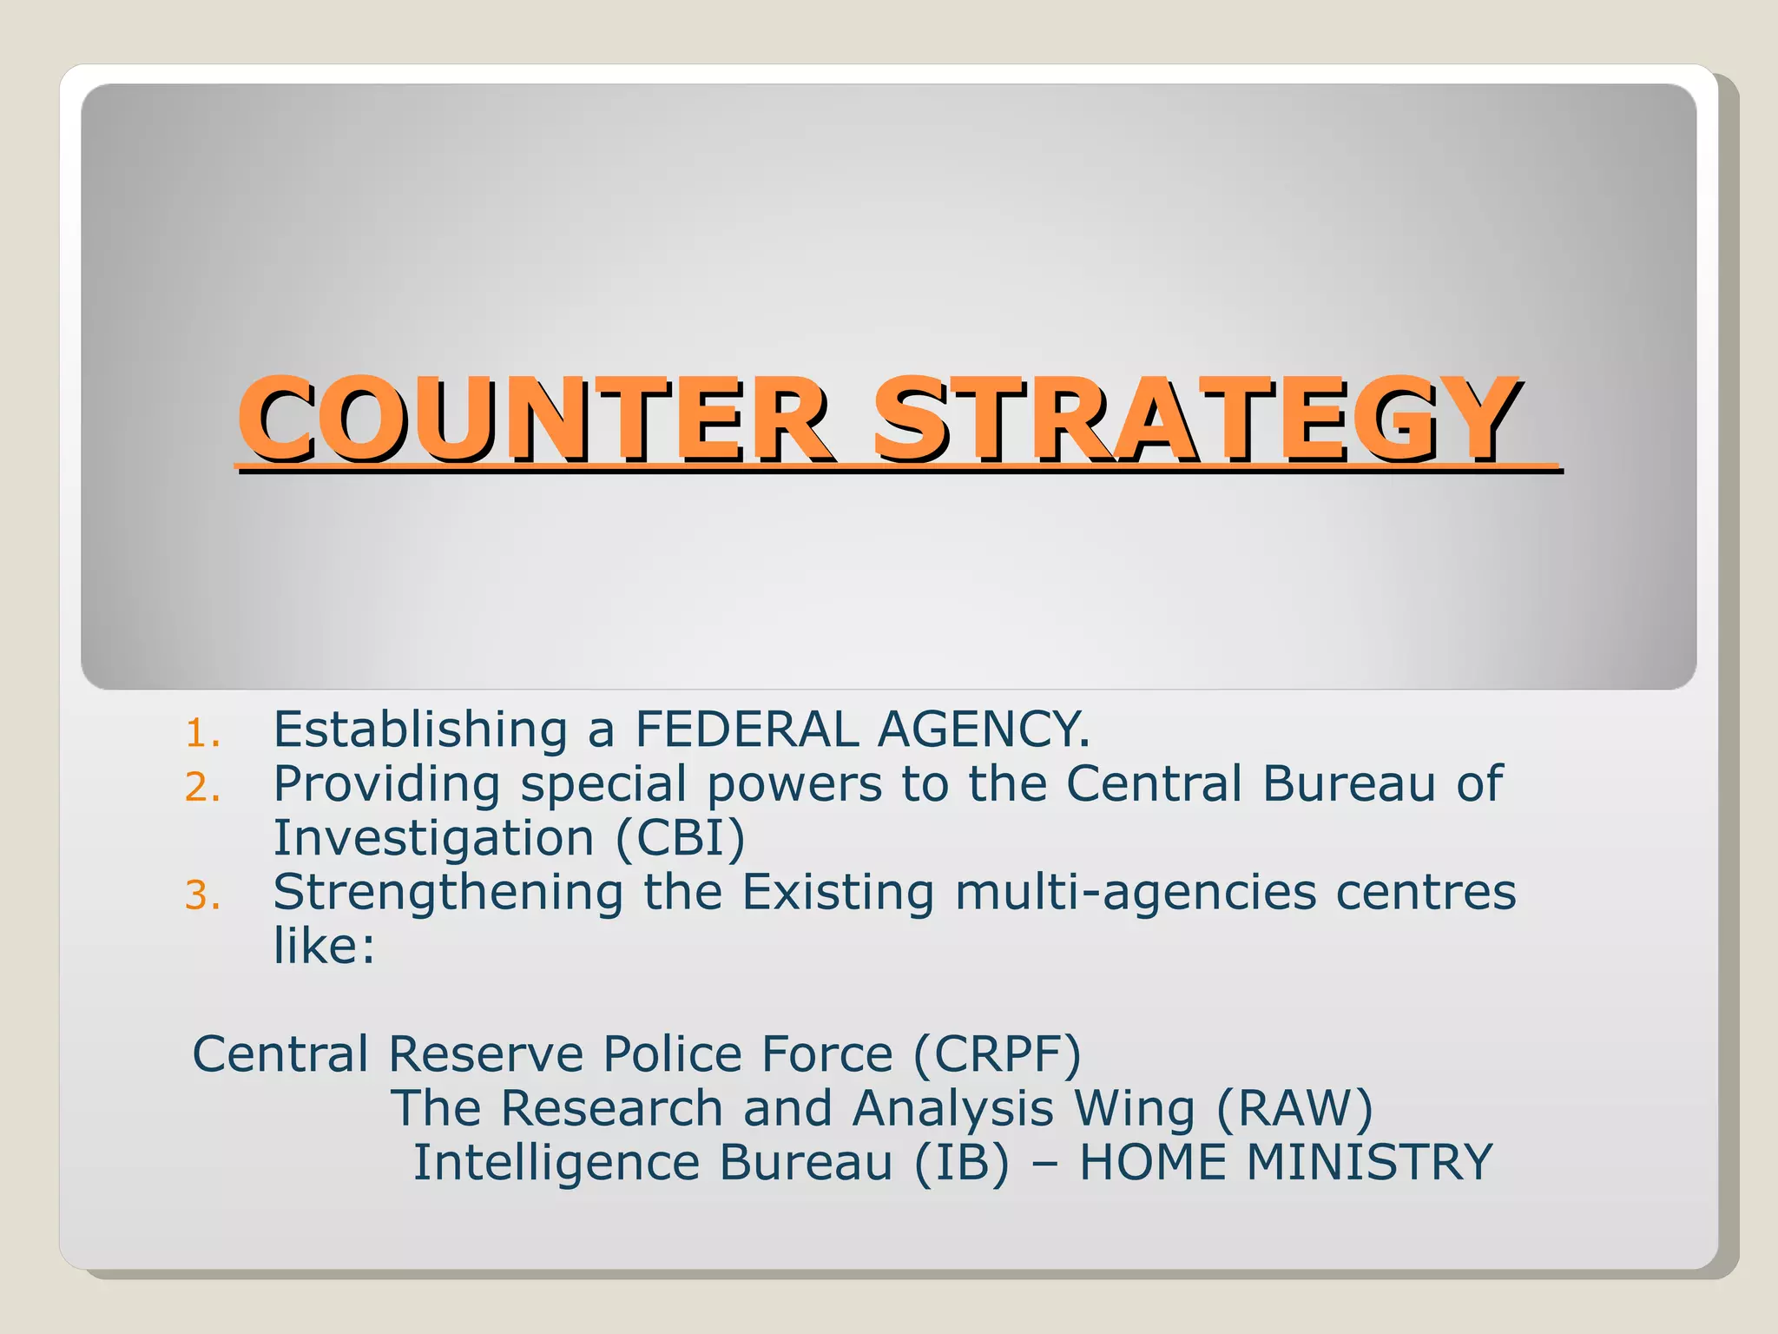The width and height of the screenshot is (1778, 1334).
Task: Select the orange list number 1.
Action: click(202, 734)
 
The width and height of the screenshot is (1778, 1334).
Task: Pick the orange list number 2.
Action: click(202, 788)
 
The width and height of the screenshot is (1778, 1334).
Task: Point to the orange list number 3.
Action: click(202, 895)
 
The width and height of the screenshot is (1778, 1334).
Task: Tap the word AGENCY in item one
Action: click(983, 730)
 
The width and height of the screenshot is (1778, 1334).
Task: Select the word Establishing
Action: click(420, 730)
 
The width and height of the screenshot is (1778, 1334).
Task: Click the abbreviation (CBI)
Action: click(680, 839)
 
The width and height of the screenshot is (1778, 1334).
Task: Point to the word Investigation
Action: click(433, 839)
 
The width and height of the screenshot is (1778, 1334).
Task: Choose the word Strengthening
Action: click(448, 893)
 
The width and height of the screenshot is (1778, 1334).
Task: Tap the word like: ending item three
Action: click(324, 946)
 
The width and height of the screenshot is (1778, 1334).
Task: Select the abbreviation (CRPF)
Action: click(997, 1055)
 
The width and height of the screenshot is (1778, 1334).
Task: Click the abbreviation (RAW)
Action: click(1294, 1109)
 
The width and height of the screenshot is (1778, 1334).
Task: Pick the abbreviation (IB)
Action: click(962, 1163)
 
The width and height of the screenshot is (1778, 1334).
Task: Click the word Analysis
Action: click(952, 1109)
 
